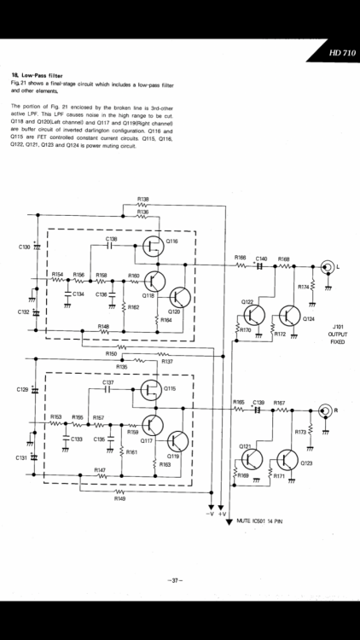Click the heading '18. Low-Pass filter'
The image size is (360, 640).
coord(44,77)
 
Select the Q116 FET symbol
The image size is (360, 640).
coord(154,248)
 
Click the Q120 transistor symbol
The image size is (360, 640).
coord(179,296)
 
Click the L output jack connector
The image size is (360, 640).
coord(325,267)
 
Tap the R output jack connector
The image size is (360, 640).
coord(325,411)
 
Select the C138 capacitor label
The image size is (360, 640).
coord(111,238)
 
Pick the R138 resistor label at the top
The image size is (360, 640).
coord(142,198)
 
